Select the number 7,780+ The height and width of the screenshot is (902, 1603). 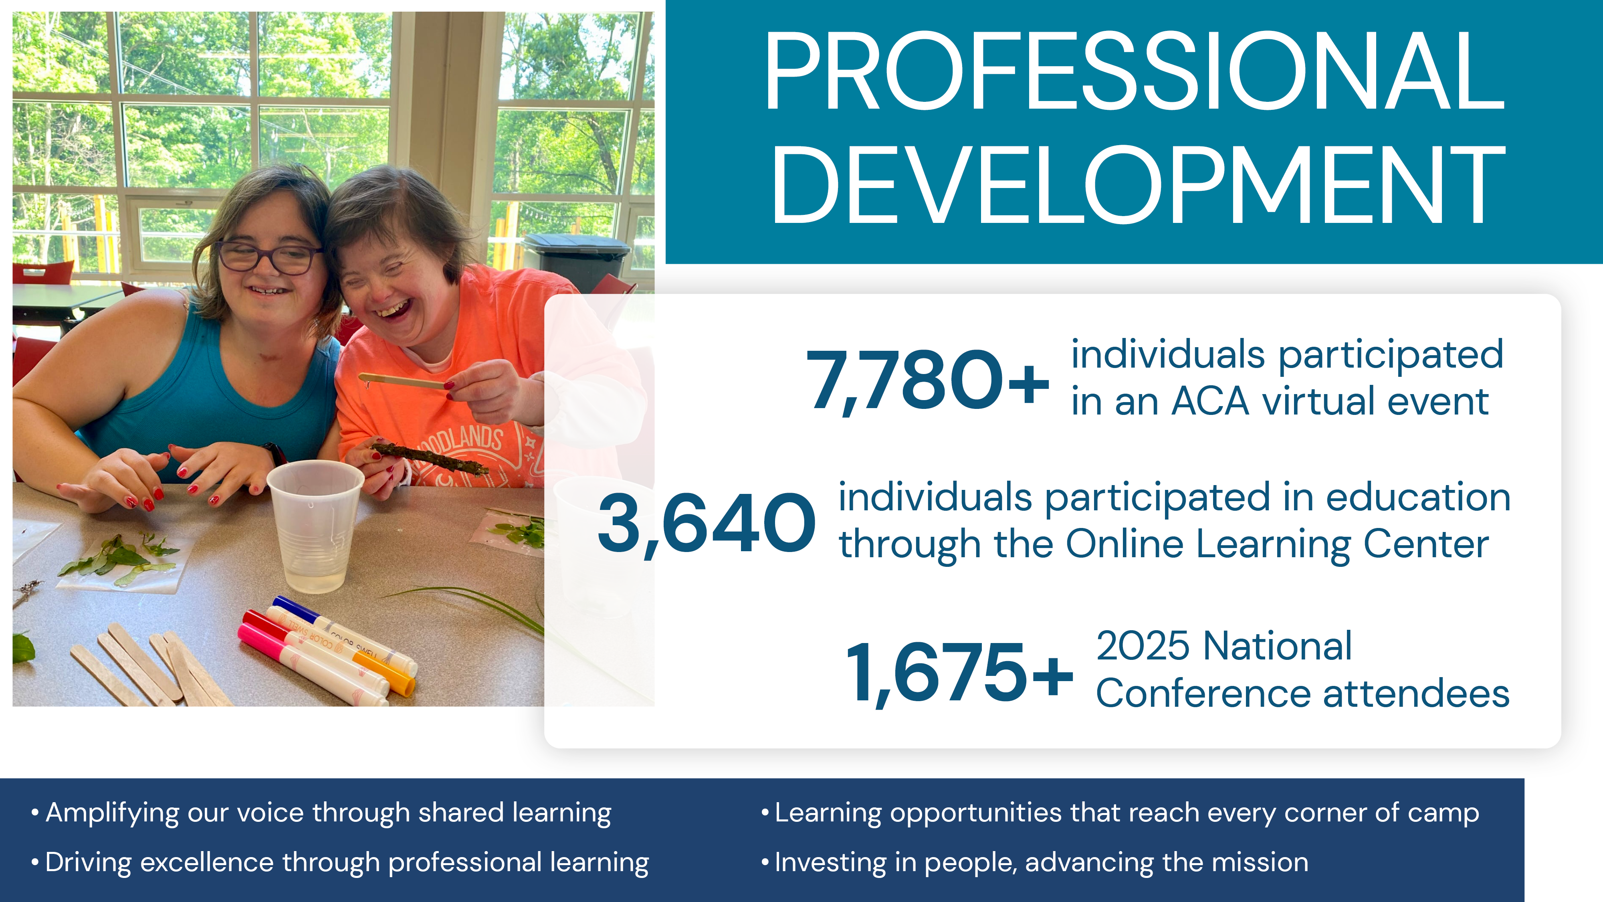[928, 380]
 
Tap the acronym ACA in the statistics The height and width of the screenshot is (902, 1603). [1210, 402]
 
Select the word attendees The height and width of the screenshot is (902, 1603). [1416, 694]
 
